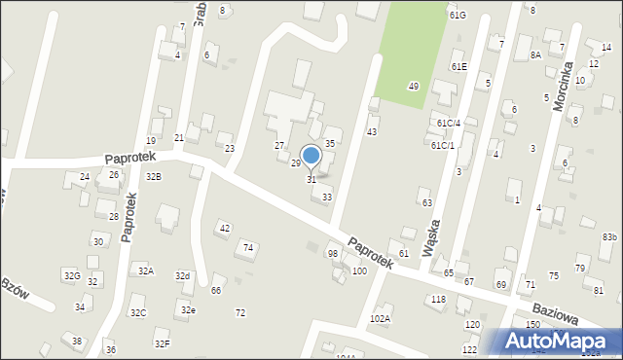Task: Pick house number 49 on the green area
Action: pos(413,87)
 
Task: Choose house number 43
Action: pos(371,131)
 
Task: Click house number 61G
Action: pos(458,16)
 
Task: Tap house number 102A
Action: pos(380,318)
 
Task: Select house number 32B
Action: pos(153,177)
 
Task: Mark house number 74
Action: pos(248,248)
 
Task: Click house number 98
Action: pos(333,253)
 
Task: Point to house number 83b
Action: pos(609,237)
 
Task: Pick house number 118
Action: pos(438,299)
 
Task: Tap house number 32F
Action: pos(162,343)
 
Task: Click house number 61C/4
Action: pos(448,123)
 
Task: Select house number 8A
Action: pos(535,55)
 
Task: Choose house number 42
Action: pos(225,228)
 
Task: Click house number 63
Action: pos(426,202)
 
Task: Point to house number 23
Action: pos(229,148)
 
